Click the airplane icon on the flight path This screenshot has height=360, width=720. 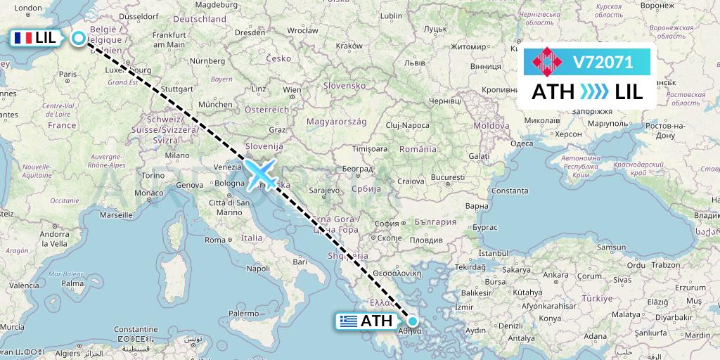pyautogui.click(x=259, y=174)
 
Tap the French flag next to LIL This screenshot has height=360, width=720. pyautogui.click(x=23, y=39)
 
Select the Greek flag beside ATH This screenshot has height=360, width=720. pyautogui.click(x=347, y=321)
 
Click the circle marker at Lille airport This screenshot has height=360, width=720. pyautogui.click(x=79, y=39)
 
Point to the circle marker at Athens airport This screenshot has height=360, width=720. pyautogui.click(x=413, y=321)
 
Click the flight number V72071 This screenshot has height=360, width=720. pyautogui.click(x=603, y=63)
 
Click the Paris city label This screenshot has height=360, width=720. pyautogui.click(x=67, y=74)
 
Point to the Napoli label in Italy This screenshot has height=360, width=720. pyautogui.click(x=258, y=268)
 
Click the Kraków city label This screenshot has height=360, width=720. pyautogui.click(x=349, y=45)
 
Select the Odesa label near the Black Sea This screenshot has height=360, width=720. pyautogui.click(x=522, y=143)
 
